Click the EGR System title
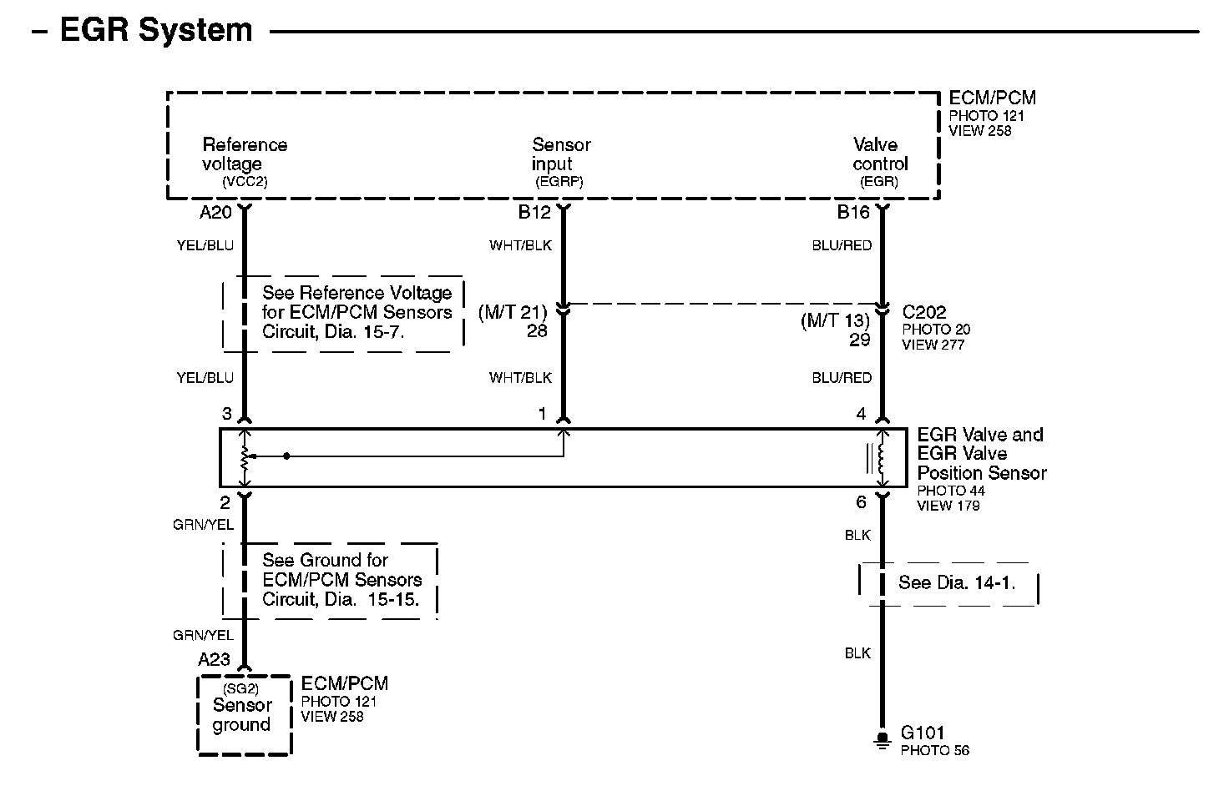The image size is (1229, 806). [156, 31]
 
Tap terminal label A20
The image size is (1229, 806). [215, 213]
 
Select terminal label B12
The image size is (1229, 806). [534, 213]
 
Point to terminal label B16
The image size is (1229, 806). [853, 213]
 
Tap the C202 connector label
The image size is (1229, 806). [924, 312]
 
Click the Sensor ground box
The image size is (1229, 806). [244, 715]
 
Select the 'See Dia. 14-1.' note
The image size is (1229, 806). [957, 582]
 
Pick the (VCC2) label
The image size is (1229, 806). [245, 181]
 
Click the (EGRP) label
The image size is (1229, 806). [559, 181]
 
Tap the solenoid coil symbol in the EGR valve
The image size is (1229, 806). [879, 457]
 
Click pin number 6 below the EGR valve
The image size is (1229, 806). [861, 502]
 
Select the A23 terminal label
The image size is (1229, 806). [214, 659]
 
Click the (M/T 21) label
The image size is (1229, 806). [512, 313]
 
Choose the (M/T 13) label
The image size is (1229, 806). [835, 321]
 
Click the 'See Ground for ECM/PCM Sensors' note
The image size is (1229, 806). [341, 580]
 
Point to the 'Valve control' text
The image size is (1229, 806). [880, 154]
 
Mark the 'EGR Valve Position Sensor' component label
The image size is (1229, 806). [981, 454]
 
